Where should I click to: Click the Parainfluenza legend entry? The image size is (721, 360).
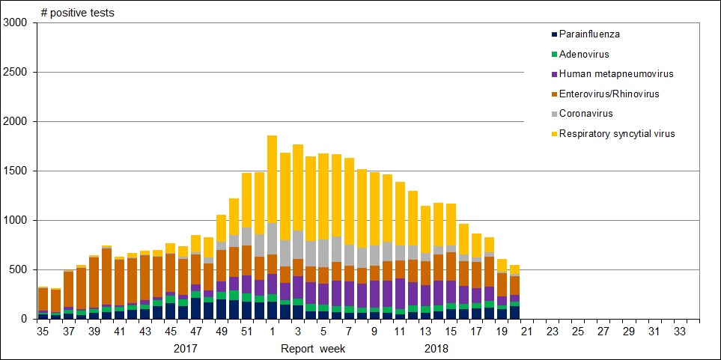[x=589, y=34]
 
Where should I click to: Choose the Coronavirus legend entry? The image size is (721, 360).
[x=586, y=114]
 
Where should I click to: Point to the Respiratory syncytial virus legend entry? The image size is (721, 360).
[x=617, y=134]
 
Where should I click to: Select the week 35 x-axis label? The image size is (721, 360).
[x=43, y=330]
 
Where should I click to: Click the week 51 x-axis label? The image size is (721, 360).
[x=246, y=330]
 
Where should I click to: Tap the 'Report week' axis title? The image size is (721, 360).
[x=314, y=349]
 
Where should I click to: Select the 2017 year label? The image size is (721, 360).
[x=186, y=349]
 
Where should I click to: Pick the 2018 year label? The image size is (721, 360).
[x=436, y=349]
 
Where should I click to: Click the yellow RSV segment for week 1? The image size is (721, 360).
[x=272, y=180]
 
